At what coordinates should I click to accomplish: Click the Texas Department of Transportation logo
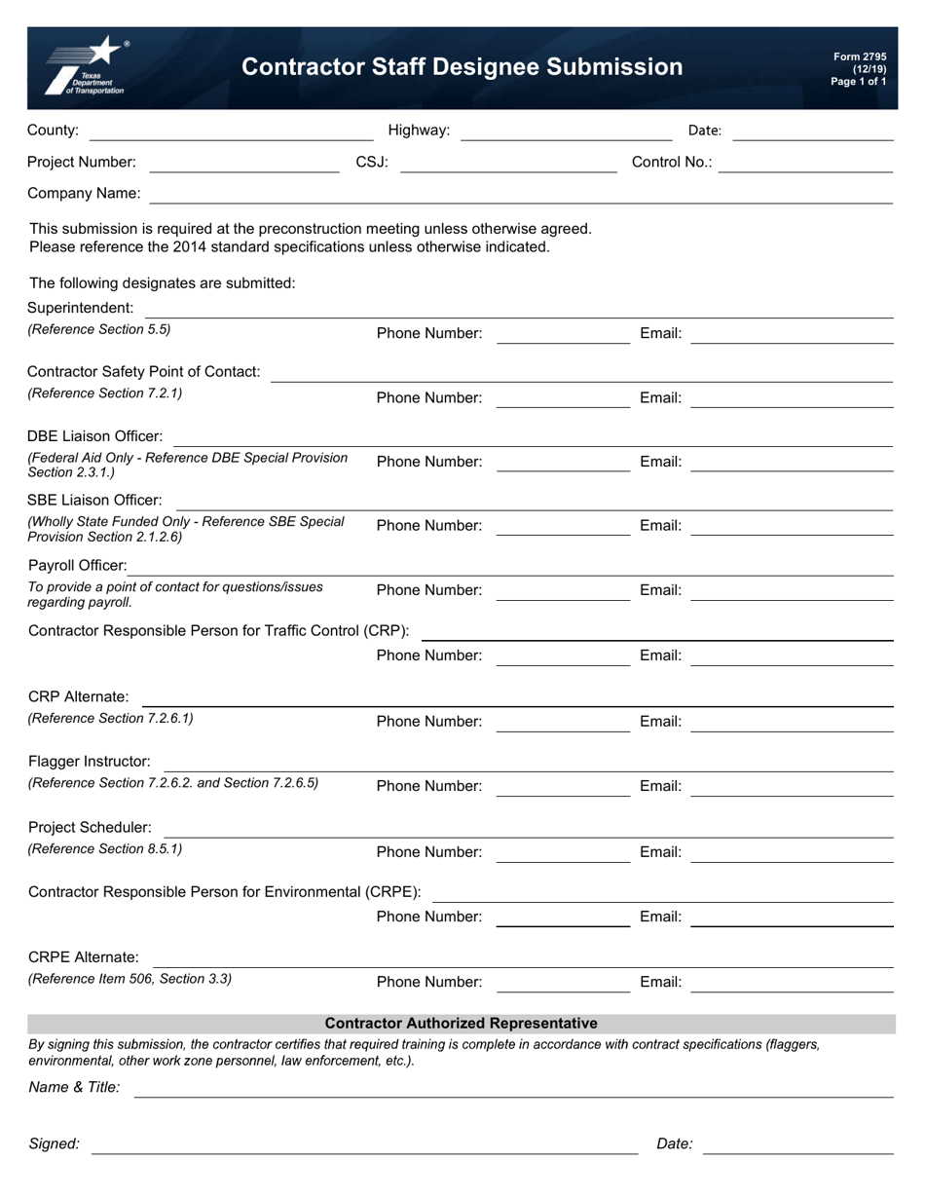pos(86,67)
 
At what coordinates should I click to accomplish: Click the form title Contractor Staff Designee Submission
pos(462,67)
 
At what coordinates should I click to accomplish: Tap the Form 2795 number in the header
pos(860,57)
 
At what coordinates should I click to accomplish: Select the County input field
pos(231,131)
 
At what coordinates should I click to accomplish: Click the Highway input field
pos(566,131)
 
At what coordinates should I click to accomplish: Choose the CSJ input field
pos(508,163)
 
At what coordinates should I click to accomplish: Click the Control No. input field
pos(805,163)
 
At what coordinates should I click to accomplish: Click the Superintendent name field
pos(519,308)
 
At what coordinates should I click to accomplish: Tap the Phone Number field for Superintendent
pos(563,334)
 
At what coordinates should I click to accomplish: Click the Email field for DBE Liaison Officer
pos(792,462)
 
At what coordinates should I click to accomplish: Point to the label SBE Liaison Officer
pos(95,500)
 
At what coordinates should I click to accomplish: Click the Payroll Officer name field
pos(510,566)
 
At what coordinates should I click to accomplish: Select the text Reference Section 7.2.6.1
pos(111,719)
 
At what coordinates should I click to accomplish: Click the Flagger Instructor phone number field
pos(563,787)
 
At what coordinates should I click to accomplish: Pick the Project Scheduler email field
pos(792,852)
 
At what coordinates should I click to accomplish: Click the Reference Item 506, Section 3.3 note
pos(129,979)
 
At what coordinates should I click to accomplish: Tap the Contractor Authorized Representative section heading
pos(462,1024)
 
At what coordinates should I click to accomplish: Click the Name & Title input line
pos(513,1088)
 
